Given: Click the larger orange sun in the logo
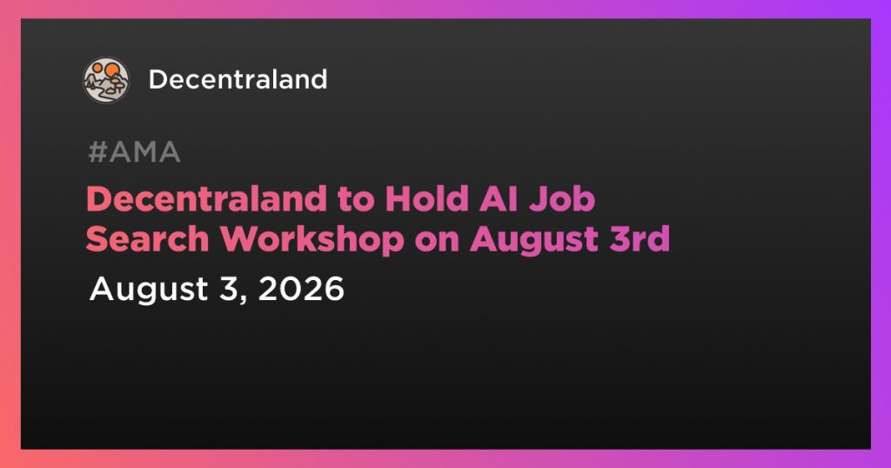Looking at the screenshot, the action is pyautogui.click(x=112, y=70).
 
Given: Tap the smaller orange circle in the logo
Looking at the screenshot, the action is pyautogui.click(x=97, y=68).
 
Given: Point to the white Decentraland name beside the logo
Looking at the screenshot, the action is pyautogui.click(x=238, y=79).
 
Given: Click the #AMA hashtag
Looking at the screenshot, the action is pyautogui.click(x=135, y=152).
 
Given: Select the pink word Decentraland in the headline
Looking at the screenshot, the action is pyautogui.click(x=206, y=199).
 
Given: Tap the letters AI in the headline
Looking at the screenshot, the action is pyautogui.click(x=498, y=199).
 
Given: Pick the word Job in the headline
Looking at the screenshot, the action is pyautogui.click(x=561, y=199).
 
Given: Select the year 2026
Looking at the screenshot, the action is pyautogui.click(x=301, y=289).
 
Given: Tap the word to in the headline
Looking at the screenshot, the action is pyautogui.click(x=356, y=200).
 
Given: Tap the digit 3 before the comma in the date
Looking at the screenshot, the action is pyautogui.click(x=229, y=289).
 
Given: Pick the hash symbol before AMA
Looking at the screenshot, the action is pyautogui.click(x=97, y=152).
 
